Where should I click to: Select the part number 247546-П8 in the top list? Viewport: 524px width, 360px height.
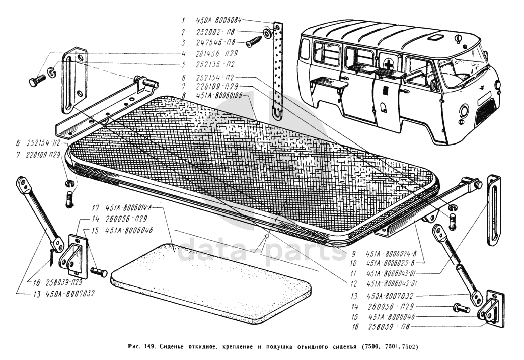[216, 42]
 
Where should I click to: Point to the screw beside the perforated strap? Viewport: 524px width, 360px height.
[255, 42]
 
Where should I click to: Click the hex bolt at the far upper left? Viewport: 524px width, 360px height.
[37, 82]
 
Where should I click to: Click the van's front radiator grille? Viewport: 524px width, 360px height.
[485, 112]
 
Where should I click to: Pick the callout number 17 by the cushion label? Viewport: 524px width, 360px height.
[95, 207]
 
